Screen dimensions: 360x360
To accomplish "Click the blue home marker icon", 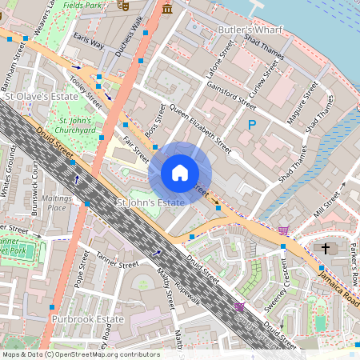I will (180, 173).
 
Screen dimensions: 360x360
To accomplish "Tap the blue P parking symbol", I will (252, 125).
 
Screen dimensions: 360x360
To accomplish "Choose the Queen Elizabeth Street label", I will (201, 128).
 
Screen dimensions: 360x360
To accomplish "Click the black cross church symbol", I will (326, 248).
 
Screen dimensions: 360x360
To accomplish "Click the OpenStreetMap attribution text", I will (81, 354).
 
